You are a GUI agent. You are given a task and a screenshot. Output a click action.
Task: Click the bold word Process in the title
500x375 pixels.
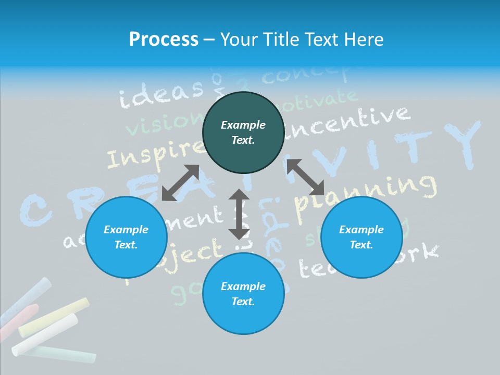(x=164, y=39)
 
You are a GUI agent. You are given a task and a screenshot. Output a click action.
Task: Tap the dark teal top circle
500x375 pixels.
(x=243, y=133)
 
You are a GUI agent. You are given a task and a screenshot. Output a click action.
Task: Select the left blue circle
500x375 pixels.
(x=126, y=238)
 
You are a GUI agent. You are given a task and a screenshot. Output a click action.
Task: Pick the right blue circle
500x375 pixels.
(x=361, y=238)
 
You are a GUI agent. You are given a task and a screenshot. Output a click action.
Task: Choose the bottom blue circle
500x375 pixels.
(x=243, y=294)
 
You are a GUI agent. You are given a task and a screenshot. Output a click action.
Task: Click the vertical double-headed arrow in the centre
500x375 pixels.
(x=239, y=214)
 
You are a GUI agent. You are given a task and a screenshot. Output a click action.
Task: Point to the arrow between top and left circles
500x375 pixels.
(x=180, y=183)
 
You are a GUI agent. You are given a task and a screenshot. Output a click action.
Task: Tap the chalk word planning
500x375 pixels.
(x=365, y=193)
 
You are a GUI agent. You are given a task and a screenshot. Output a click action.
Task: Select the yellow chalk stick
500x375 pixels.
(x=54, y=317)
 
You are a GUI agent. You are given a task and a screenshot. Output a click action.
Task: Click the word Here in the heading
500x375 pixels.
(x=364, y=39)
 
